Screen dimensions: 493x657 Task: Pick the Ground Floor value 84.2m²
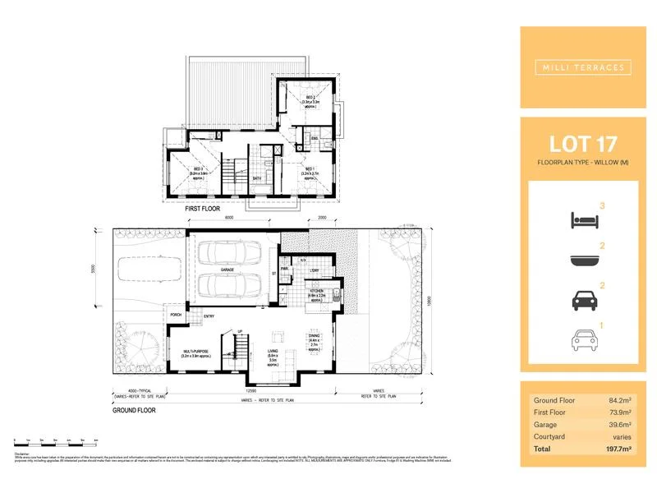tap(622, 399)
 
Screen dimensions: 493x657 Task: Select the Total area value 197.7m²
tap(620, 449)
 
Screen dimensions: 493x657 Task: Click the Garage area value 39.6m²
tap(622, 424)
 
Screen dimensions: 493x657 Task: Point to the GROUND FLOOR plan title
tap(136, 408)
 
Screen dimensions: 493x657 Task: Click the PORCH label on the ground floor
tap(175, 315)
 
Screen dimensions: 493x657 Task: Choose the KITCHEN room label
tap(317, 292)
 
